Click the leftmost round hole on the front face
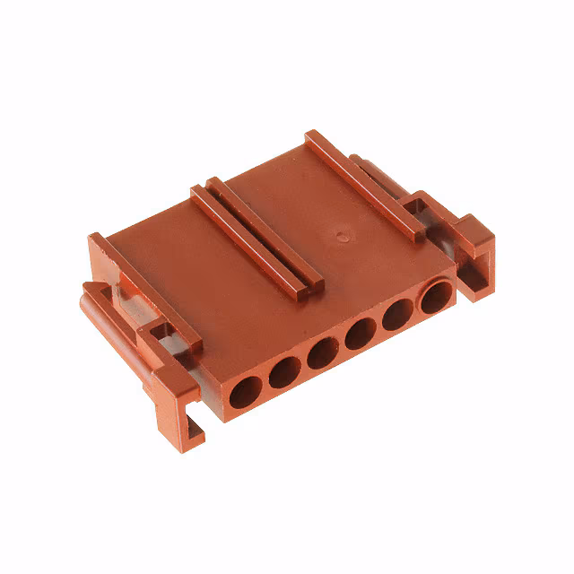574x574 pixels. coord(245,391)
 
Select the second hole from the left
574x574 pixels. coord(283,372)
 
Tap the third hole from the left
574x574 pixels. coord(321,353)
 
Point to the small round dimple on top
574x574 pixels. coord(341,238)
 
